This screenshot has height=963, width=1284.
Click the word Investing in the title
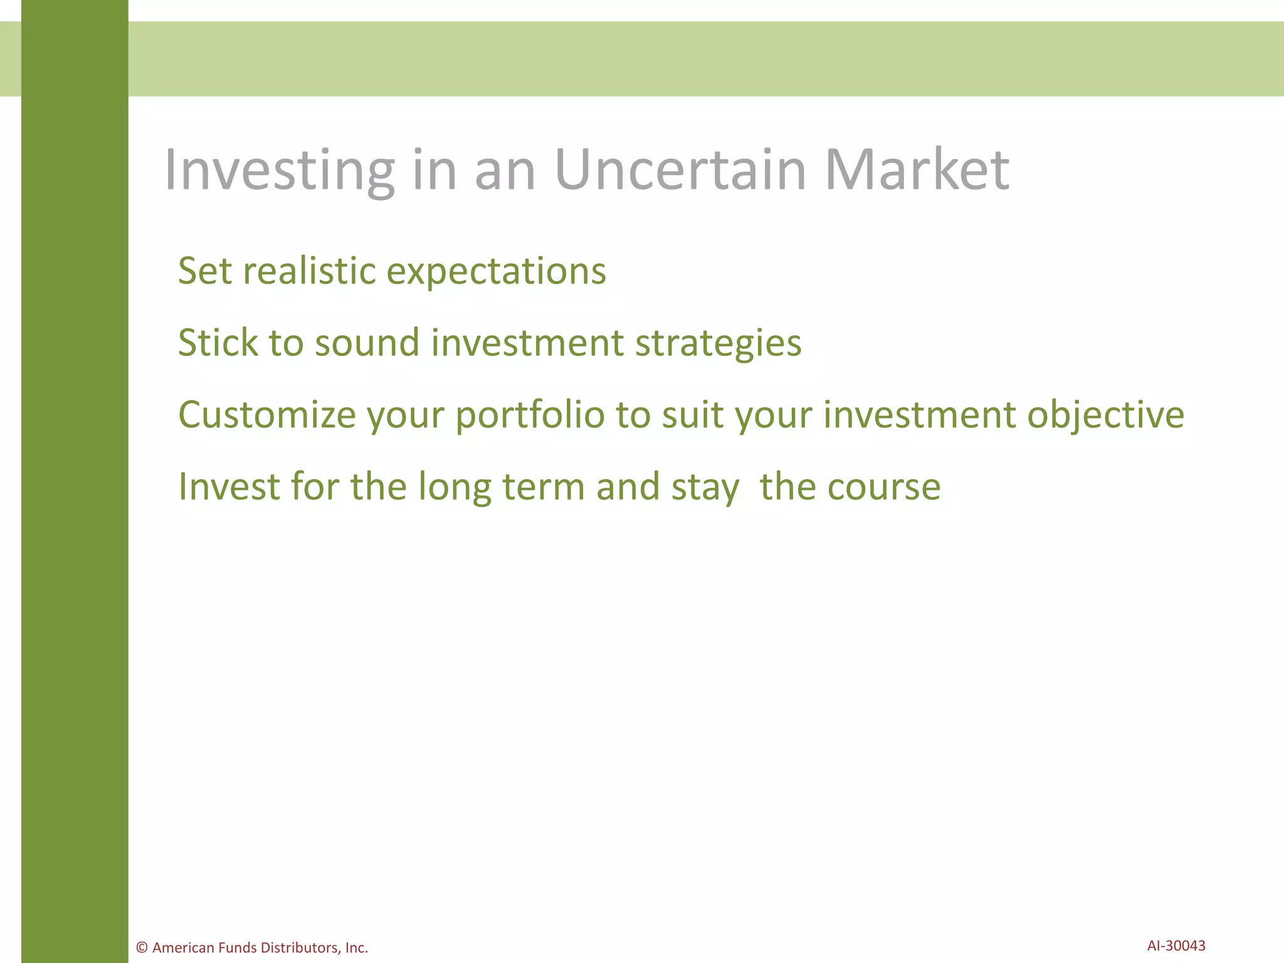coord(279,171)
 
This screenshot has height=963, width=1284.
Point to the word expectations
coord(496,273)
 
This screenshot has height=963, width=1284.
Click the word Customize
coord(267,415)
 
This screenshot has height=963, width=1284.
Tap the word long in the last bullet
coord(455,488)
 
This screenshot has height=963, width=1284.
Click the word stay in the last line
coord(705,488)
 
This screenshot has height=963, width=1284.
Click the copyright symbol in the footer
coord(142,947)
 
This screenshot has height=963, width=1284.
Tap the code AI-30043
coord(1176,945)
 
